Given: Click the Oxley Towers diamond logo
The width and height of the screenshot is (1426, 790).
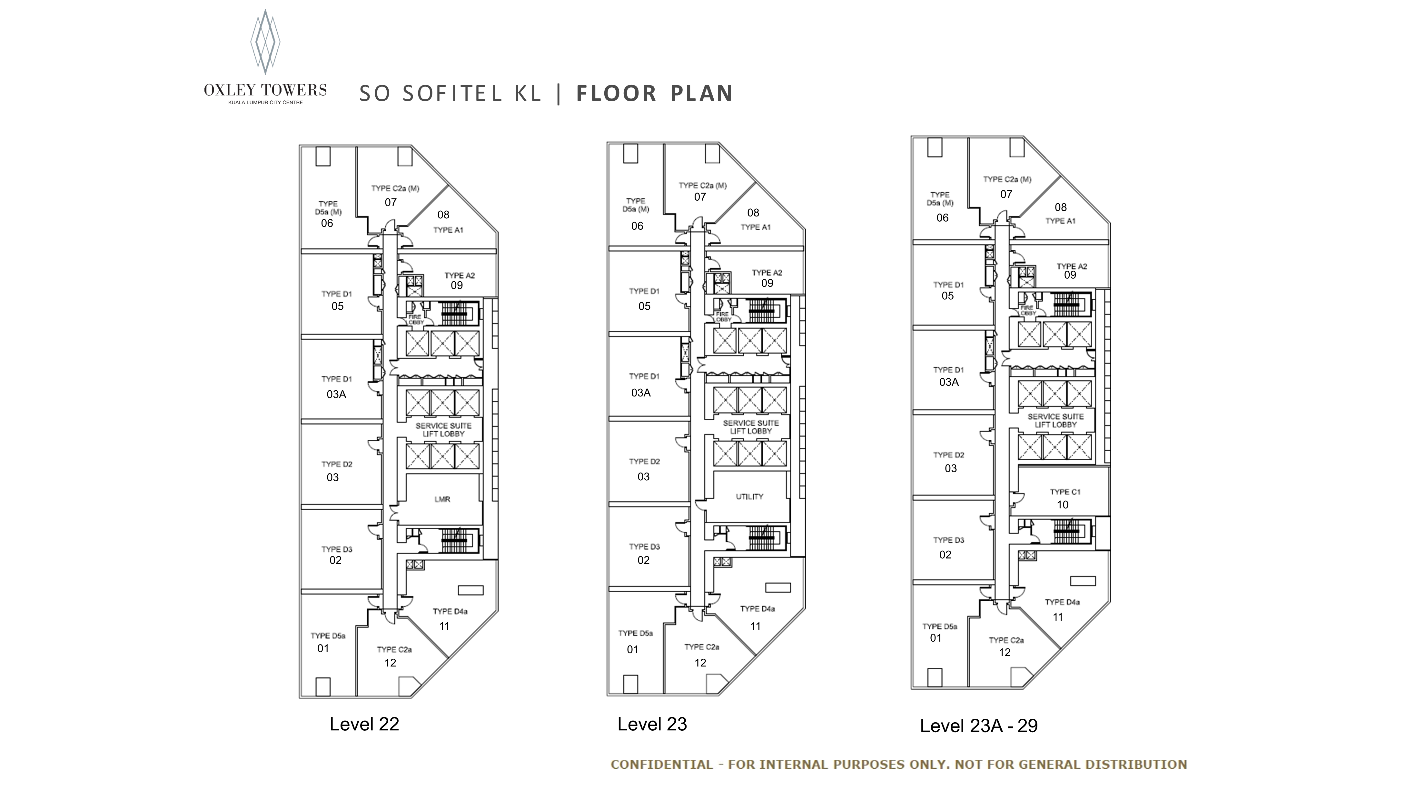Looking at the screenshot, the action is [x=265, y=42].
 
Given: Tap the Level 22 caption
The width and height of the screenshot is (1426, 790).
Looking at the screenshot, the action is [x=364, y=724].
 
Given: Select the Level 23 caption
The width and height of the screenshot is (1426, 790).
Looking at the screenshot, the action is [x=652, y=724].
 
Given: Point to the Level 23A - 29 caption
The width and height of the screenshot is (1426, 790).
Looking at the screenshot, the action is [x=979, y=726].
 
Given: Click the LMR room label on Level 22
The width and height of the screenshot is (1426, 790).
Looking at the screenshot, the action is [x=442, y=499].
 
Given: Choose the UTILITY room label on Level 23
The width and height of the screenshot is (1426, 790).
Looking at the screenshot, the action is [x=749, y=496].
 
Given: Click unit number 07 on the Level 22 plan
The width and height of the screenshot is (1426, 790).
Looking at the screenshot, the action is [x=391, y=203].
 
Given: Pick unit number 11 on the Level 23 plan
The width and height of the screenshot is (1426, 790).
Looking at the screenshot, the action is [x=756, y=626].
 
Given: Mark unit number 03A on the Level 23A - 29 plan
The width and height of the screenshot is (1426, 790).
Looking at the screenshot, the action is [x=949, y=382].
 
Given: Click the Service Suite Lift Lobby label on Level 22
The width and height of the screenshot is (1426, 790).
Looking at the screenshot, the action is [x=443, y=430].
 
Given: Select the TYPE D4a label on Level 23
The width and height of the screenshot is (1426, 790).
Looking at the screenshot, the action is [x=757, y=609].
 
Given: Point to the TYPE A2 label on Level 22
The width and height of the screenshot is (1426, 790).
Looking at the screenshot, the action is [x=460, y=275].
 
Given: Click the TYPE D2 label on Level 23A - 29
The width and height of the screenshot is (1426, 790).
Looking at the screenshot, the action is [x=949, y=455].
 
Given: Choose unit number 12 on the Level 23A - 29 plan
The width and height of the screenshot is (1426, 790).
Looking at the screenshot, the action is [x=1005, y=653].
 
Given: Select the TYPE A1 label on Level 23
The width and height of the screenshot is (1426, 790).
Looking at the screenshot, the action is [x=756, y=227].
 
